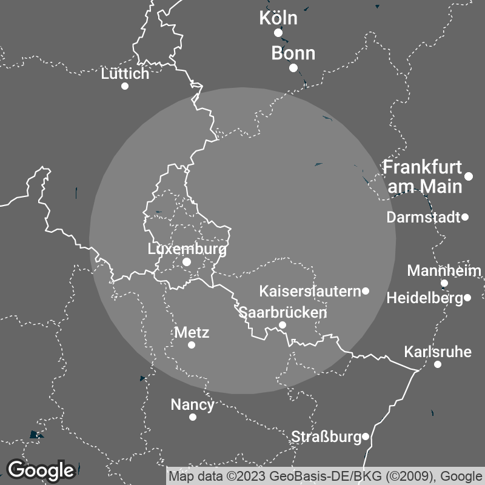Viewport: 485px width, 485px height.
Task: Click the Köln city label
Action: (x=278, y=18)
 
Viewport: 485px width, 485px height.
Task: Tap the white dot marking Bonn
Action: (x=293, y=68)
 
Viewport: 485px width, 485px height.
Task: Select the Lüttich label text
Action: (x=125, y=74)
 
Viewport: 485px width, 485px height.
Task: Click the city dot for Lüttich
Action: (x=125, y=86)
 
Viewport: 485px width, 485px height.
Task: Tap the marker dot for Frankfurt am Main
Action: (x=469, y=176)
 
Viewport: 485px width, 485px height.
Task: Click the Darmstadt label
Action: (x=423, y=217)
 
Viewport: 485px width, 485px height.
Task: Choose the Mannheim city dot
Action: (x=444, y=283)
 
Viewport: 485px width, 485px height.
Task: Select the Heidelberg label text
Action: (x=424, y=298)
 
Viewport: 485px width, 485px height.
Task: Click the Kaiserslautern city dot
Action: (x=366, y=291)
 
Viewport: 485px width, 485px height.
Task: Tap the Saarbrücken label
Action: (x=283, y=313)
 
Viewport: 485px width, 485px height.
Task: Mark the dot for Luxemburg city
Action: (x=187, y=262)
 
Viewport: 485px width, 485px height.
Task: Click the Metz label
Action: (x=192, y=332)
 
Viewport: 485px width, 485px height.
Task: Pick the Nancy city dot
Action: (x=193, y=417)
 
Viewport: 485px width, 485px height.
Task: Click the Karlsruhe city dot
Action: (x=438, y=364)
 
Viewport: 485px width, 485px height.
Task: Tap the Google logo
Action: (x=41, y=470)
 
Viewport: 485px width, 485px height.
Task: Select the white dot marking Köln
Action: (x=278, y=33)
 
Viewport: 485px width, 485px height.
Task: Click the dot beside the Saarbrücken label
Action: (x=283, y=325)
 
